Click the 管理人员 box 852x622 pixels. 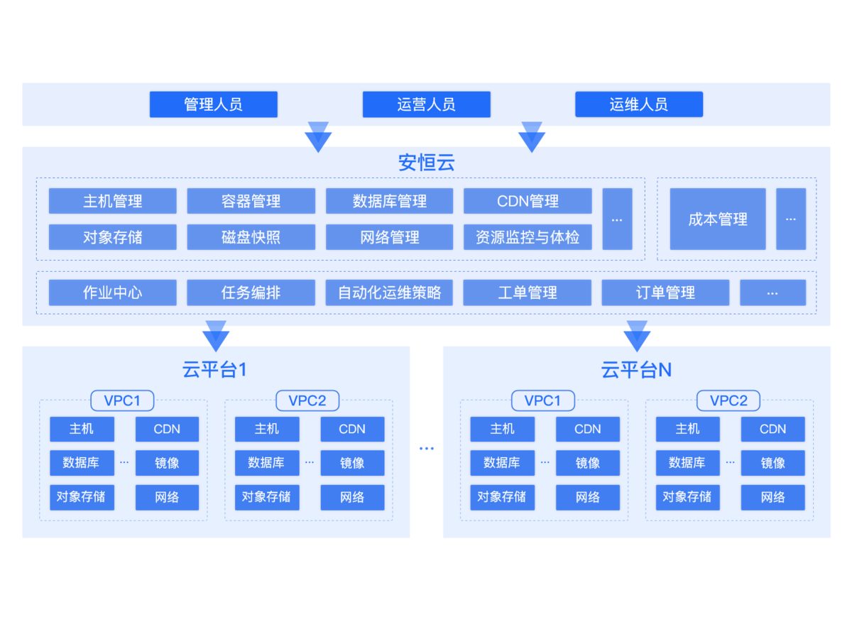(x=213, y=104)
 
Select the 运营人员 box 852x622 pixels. (x=426, y=104)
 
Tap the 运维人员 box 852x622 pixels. (x=638, y=104)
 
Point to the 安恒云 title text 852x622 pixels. (x=426, y=163)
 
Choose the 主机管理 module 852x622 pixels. (x=112, y=201)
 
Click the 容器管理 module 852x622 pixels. (x=251, y=201)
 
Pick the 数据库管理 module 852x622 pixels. (x=389, y=201)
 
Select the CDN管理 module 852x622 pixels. (x=528, y=201)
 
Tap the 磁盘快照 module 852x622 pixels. (x=251, y=237)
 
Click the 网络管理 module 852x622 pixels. (x=389, y=237)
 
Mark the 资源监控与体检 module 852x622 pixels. (x=528, y=237)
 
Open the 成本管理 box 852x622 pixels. (x=717, y=219)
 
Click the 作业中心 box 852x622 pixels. (x=112, y=293)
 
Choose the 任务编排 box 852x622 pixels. (x=251, y=293)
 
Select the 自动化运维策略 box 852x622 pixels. (x=389, y=293)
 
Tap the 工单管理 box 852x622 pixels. (x=528, y=293)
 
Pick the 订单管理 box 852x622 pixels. (x=665, y=293)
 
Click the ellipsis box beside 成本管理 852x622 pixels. (x=791, y=219)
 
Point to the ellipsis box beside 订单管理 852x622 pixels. (x=772, y=293)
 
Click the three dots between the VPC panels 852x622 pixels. (x=426, y=448)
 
